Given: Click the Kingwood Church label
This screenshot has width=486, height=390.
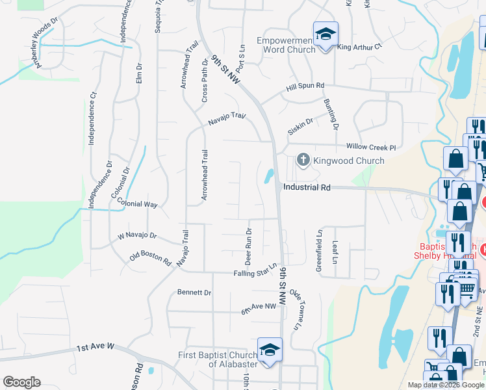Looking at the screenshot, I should point(349,161).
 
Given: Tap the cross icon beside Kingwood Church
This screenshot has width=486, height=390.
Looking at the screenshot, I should point(302,159).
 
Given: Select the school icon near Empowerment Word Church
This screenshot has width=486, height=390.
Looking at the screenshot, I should point(326,34).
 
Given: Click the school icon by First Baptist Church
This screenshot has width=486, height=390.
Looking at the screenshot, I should point(270,350).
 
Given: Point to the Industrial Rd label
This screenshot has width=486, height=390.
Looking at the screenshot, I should point(307,187).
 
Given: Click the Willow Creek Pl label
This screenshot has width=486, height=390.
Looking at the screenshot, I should point(371,148).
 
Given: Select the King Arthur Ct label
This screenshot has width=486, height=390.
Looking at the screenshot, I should point(360,47).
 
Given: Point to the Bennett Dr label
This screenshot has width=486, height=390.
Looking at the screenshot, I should point(194,292).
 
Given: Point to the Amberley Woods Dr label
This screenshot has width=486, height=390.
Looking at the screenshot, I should point(38,45).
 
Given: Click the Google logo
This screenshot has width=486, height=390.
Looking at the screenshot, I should point(21,382).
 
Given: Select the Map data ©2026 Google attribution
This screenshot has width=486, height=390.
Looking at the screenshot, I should point(445,385).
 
